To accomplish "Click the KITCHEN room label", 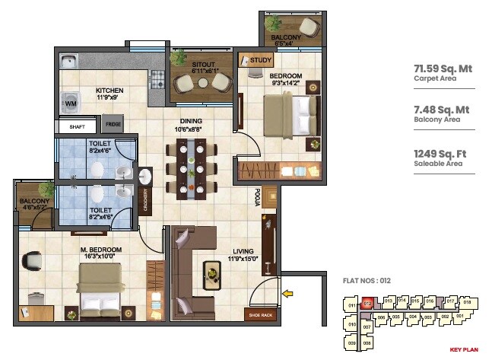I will (x=110, y=91).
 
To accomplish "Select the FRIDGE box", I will (x=113, y=124).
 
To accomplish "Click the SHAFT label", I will (x=76, y=126).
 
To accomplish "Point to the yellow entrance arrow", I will (x=287, y=292).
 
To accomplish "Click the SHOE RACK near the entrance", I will (x=257, y=314).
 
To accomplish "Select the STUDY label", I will (x=261, y=59).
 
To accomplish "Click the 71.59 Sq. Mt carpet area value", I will (x=443, y=68).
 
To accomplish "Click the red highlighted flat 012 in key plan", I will (x=367, y=303).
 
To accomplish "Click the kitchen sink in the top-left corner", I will (x=68, y=62).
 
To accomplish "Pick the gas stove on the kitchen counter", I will (x=158, y=77).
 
